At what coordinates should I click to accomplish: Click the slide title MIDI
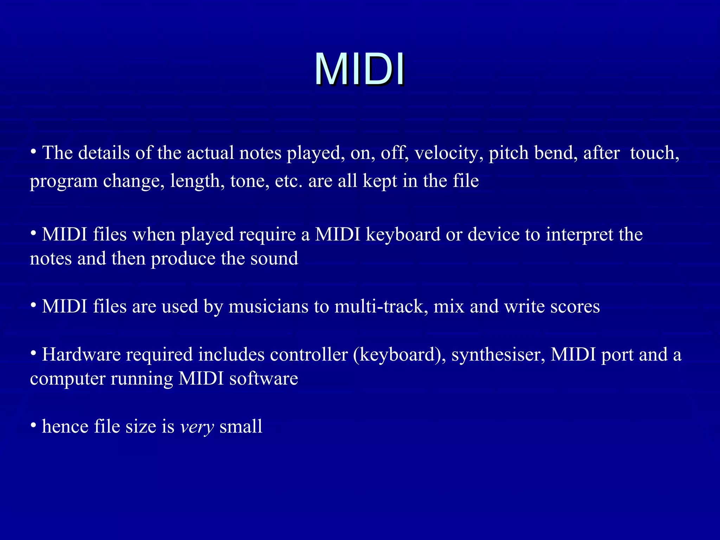(x=359, y=69)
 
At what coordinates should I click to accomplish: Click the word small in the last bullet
(x=241, y=426)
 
